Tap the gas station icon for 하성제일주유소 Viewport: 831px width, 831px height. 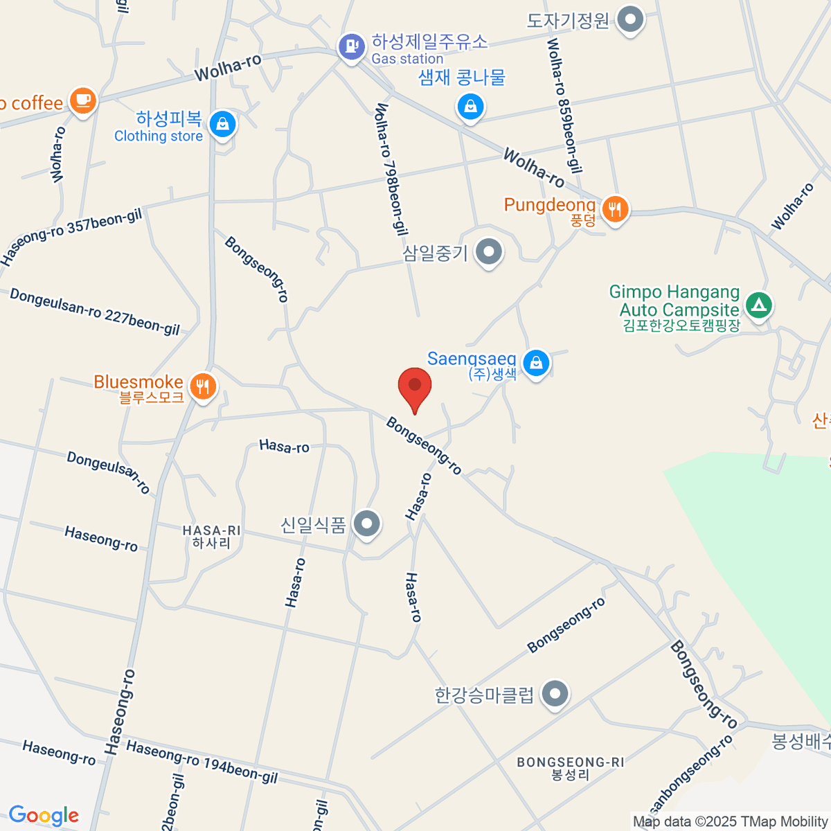pyautogui.click(x=352, y=47)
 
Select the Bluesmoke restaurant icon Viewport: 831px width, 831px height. pyautogui.click(x=202, y=386)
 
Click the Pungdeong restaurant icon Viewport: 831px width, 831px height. pyautogui.click(x=614, y=208)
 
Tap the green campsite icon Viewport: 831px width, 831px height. pyautogui.click(x=759, y=305)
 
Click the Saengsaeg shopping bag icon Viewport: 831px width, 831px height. pyautogui.click(x=535, y=362)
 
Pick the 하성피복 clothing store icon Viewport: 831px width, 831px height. pyautogui.click(x=222, y=125)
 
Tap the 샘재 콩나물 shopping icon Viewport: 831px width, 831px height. pyautogui.click(x=470, y=107)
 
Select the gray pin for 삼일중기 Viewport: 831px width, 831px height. pyautogui.click(x=490, y=251)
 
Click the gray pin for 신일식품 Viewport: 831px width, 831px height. pyautogui.click(x=366, y=524)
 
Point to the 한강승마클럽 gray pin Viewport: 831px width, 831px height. pyautogui.click(x=555, y=694)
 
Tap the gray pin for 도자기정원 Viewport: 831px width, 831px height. pyautogui.click(x=630, y=19)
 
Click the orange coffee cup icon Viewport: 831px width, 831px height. pyautogui.click(x=83, y=100)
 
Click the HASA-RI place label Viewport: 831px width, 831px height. pyautogui.click(x=211, y=537)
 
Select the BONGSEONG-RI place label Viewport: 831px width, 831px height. pyautogui.click(x=570, y=768)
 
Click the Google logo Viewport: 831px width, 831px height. pyautogui.click(x=44, y=816)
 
